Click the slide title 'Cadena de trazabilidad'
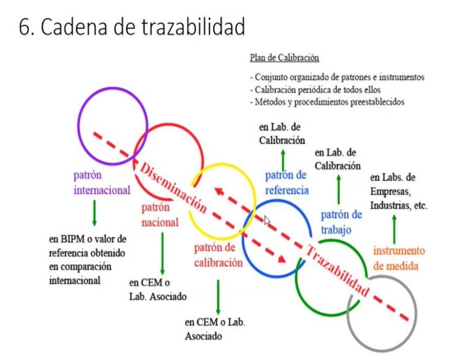point(131,27)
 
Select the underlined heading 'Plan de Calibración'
point(284,57)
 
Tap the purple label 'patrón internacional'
point(102,183)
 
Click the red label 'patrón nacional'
point(160,215)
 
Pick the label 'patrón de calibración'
point(218,254)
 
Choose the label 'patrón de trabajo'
point(341,222)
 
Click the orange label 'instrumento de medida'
point(399,258)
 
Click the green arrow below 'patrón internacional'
point(94,212)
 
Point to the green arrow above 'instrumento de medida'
point(394,229)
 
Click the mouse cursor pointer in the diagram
point(267,220)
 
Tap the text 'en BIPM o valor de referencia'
point(87,246)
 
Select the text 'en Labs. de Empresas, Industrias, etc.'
point(398,192)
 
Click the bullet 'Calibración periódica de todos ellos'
point(316,90)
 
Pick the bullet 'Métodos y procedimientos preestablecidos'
point(326,102)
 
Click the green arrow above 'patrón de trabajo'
point(338,189)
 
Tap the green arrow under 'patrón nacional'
point(162,253)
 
